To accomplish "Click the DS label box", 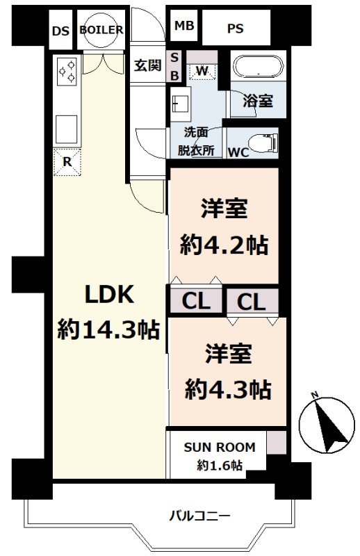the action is [60, 29].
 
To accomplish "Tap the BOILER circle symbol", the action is [101, 30].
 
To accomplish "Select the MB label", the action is [184, 26].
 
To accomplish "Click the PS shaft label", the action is [235, 28].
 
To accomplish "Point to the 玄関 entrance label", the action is [147, 65].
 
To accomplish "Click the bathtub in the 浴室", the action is [259, 66].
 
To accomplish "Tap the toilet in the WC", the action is [263, 143].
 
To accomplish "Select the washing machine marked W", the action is [202, 71].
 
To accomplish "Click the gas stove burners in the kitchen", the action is [67, 71].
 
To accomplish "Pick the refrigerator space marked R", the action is [67, 163].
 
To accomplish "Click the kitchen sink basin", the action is [66, 129].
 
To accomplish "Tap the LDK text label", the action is [109, 294].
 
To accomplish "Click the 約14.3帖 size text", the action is [108, 329].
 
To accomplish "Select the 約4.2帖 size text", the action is [224, 245].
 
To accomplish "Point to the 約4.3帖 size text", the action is [228, 389].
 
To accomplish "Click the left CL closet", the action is [196, 301].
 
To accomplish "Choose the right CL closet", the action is [252, 302].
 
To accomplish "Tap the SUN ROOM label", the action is [220, 447].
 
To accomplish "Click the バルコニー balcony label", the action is [199, 515].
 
